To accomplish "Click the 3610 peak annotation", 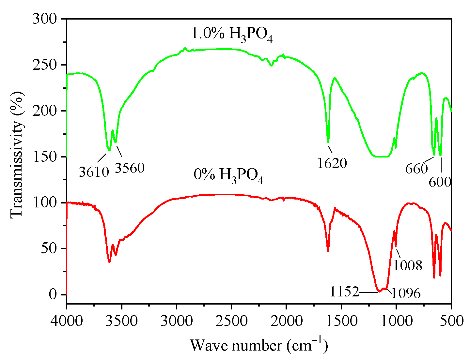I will click(94, 171).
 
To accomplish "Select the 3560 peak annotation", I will click(130, 168).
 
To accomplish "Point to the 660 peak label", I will click(416, 169).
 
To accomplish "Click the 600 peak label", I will click(440, 182).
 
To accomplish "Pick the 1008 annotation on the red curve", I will click(408, 265).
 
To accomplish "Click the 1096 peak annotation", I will click(406, 293).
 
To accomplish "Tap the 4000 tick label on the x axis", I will click(67, 321).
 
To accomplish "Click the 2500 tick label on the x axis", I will click(231, 321).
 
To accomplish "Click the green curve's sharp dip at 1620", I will click(328, 142).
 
